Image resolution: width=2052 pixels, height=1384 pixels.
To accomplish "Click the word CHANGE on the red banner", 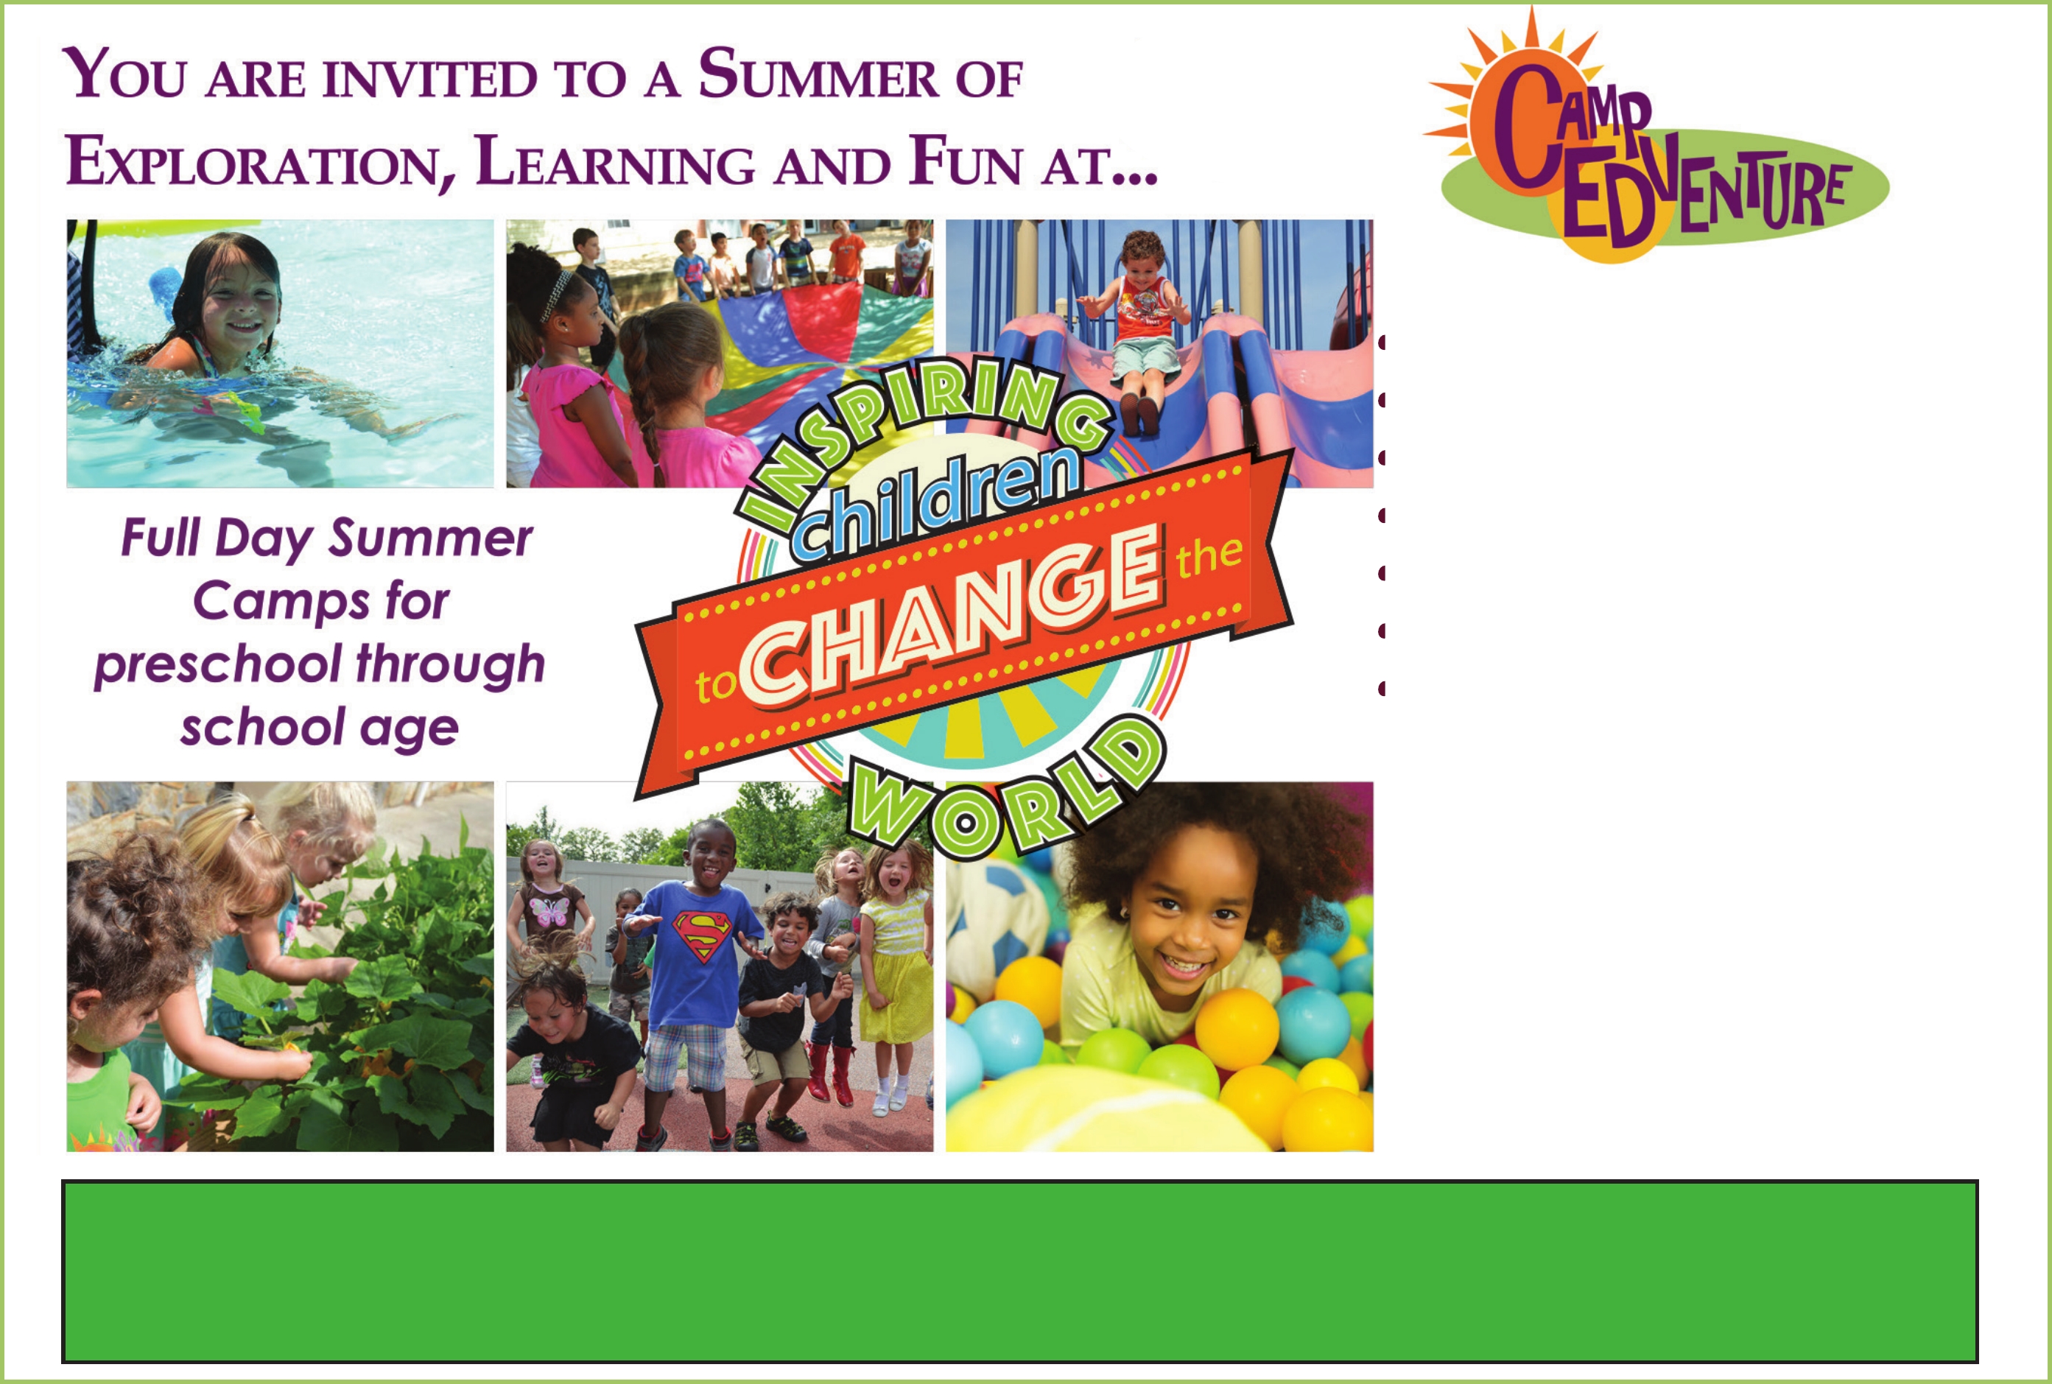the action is click(949, 616).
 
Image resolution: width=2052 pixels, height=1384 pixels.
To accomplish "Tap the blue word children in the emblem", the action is click(935, 503).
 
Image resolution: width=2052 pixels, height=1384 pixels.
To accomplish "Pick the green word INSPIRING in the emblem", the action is click(918, 432).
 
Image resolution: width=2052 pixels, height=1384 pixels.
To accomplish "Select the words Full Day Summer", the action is click(326, 538).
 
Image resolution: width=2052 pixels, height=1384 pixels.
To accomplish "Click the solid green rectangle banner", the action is click(1019, 1271).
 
